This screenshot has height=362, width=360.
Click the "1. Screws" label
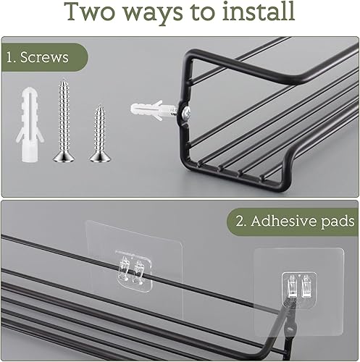pos(37,57)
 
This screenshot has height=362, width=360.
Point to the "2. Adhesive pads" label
pos(295,222)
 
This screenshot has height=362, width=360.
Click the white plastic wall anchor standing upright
pos(30,125)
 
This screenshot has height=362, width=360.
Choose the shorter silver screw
pos(100,133)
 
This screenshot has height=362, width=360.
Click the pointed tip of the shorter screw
pos(99,106)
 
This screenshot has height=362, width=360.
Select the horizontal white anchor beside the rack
pos(153,110)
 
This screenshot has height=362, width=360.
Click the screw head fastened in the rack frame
pos(186,111)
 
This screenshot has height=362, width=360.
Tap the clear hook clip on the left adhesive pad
pos(133,271)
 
